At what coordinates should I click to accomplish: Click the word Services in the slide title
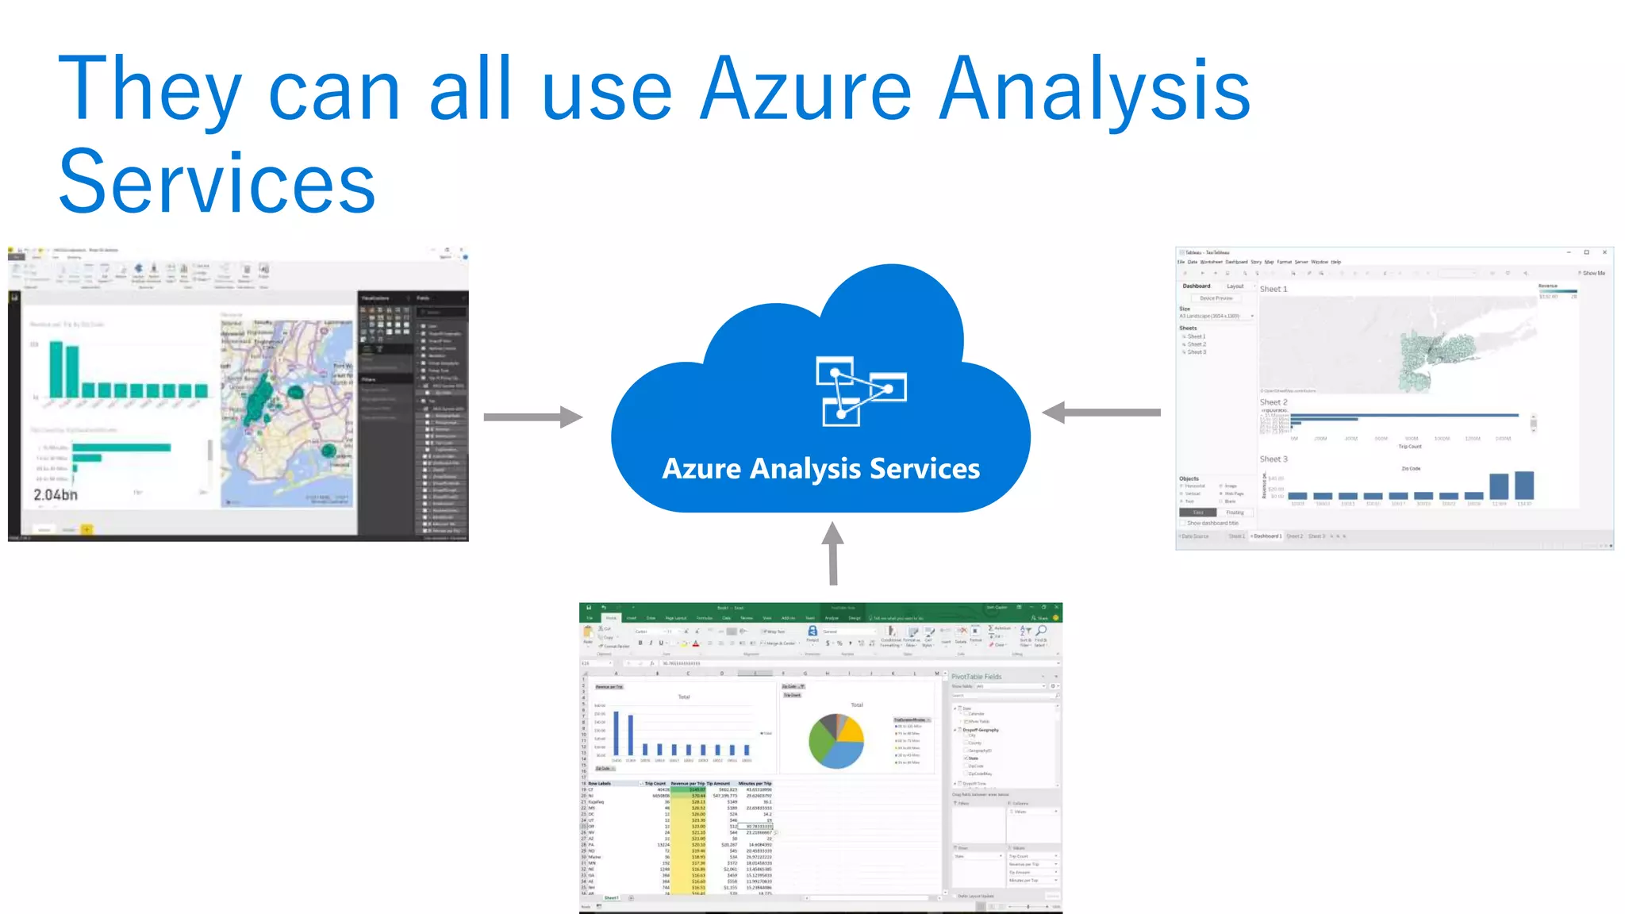tap(217, 182)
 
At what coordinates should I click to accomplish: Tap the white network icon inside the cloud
tap(860, 390)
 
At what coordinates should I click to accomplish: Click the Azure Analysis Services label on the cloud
tap(820, 469)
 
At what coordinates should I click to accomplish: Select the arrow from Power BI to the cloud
tap(532, 417)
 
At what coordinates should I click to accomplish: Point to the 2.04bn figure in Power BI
tap(56, 495)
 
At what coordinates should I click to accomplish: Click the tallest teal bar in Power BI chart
tap(56, 369)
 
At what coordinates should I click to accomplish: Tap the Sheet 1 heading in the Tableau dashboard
tap(1273, 289)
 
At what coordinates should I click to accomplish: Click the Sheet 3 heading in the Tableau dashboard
tap(1273, 459)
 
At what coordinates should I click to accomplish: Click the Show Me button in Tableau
tap(1592, 273)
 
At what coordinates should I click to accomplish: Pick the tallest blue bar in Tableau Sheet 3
tap(1524, 485)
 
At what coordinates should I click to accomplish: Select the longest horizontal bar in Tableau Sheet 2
tap(1404, 415)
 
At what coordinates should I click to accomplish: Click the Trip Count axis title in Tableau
tap(1410, 447)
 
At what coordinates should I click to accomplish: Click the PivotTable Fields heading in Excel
tap(976, 677)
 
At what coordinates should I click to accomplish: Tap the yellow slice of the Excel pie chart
tap(851, 729)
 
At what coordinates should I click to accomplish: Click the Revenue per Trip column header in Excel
tap(687, 783)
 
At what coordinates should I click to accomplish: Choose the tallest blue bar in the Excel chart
tap(617, 732)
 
